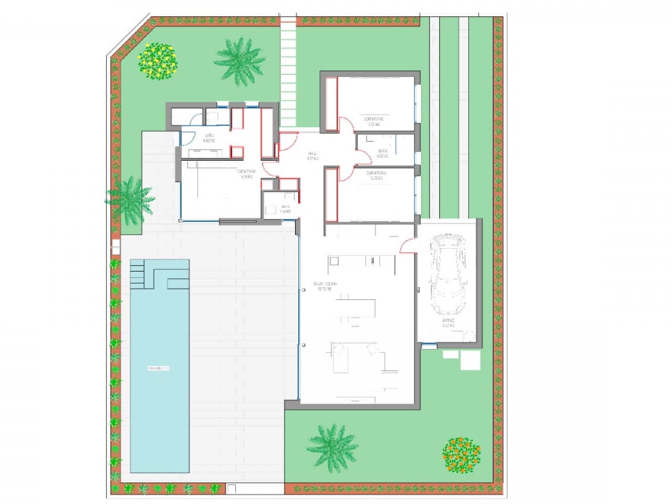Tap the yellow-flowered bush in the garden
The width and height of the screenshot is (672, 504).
(x=157, y=60)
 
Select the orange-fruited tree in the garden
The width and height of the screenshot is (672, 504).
(x=461, y=455)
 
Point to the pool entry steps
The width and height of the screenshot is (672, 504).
(x=136, y=274)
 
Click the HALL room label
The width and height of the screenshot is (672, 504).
(x=312, y=156)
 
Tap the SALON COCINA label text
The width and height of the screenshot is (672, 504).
(x=326, y=286)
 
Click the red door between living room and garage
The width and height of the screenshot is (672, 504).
(x=408, y=246)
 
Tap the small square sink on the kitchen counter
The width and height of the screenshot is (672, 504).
(x=334, y=261)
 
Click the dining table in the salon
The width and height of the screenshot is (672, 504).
(x=357, y=307)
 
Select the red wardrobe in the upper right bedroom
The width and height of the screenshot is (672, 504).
(x=331, y=103)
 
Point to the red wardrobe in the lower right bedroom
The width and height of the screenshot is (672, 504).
(x=331, y=195)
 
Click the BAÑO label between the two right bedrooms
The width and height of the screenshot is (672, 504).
(x=382, y=153)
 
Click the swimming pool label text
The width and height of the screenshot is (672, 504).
(x=159, y=368)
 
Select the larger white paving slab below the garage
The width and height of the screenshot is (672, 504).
(x=470, y=360)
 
